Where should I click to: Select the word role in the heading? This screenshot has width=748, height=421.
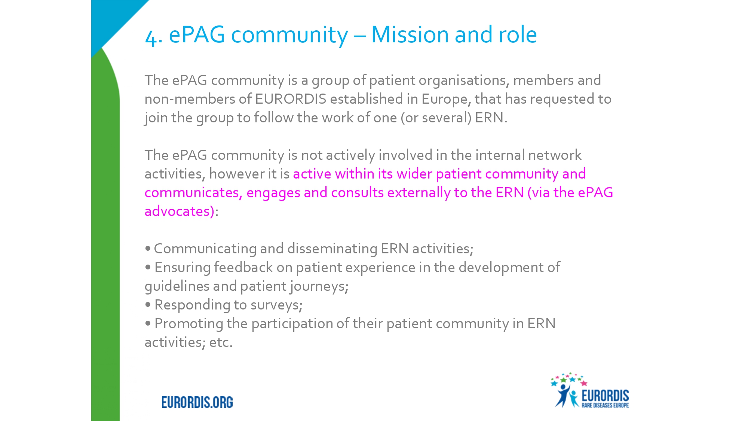(x=518, y=34)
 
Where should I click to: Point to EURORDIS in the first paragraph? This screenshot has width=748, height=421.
(x=291, y=99)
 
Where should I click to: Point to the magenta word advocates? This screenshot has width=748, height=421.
(x=178, y=211)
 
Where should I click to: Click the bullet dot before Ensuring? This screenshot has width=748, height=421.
(x=148, y=267)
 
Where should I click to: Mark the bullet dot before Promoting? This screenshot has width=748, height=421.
(x=148, y=323)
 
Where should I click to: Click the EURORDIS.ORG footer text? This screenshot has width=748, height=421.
(x=197, y=402)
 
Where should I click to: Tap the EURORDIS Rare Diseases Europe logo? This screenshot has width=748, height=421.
(x=590, y=390)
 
